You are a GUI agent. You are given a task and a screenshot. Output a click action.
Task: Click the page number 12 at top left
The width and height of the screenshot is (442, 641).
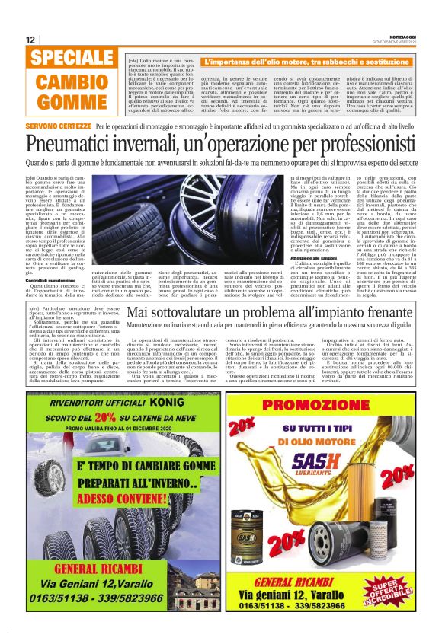[x=30, y=40]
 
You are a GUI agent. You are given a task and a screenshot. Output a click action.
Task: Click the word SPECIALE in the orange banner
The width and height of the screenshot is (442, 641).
[x=71, y=59]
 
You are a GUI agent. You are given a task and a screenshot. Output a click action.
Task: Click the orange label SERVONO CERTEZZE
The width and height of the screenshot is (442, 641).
[x=48, y=124]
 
